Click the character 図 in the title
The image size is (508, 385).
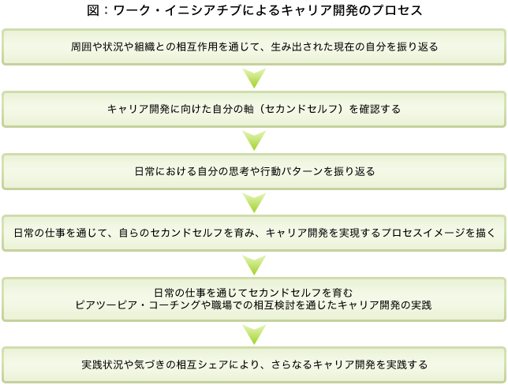pos(92,10)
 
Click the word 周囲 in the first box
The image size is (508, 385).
pos(81,47)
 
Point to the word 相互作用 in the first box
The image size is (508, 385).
pos(197,47)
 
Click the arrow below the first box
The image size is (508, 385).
pos(254,78)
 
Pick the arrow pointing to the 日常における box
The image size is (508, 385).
pos(254,140)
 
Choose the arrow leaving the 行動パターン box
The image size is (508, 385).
pos(254,203)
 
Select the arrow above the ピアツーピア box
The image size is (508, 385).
pos(254,265)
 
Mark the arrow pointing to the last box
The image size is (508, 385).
pos(254,335)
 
